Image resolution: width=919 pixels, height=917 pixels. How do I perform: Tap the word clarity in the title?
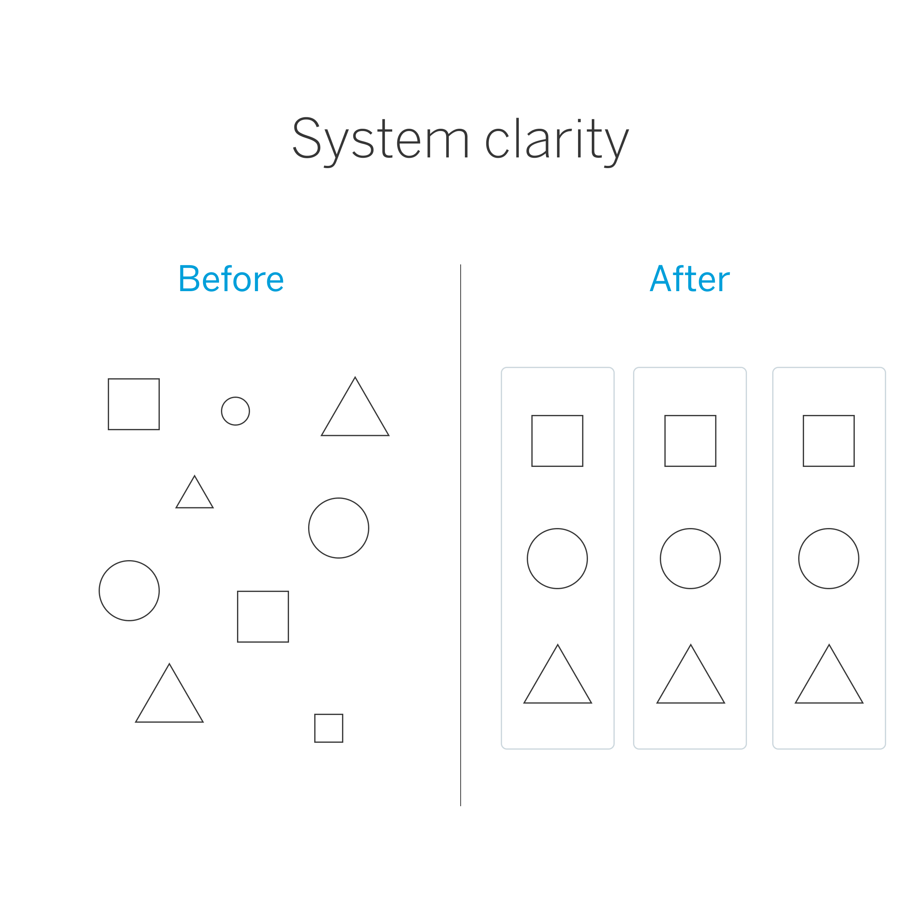point(557,139)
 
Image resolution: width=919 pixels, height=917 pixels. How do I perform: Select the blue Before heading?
point(231,279)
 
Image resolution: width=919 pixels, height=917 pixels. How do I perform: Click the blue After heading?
point(689,279)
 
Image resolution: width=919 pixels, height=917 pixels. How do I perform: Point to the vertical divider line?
point(460,523)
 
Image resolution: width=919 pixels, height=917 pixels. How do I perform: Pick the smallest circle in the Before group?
point(235,411)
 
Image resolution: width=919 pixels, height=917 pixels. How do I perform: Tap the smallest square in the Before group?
point(329,728)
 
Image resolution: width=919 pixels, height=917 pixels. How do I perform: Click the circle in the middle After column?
point(690,559)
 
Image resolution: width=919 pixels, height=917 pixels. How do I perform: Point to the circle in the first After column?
point(557,559)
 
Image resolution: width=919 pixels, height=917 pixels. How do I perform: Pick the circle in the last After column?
point(829,559)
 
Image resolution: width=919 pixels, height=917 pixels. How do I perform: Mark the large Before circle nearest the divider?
point(339,528)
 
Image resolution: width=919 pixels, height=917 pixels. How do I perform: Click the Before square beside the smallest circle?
point(134,405)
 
